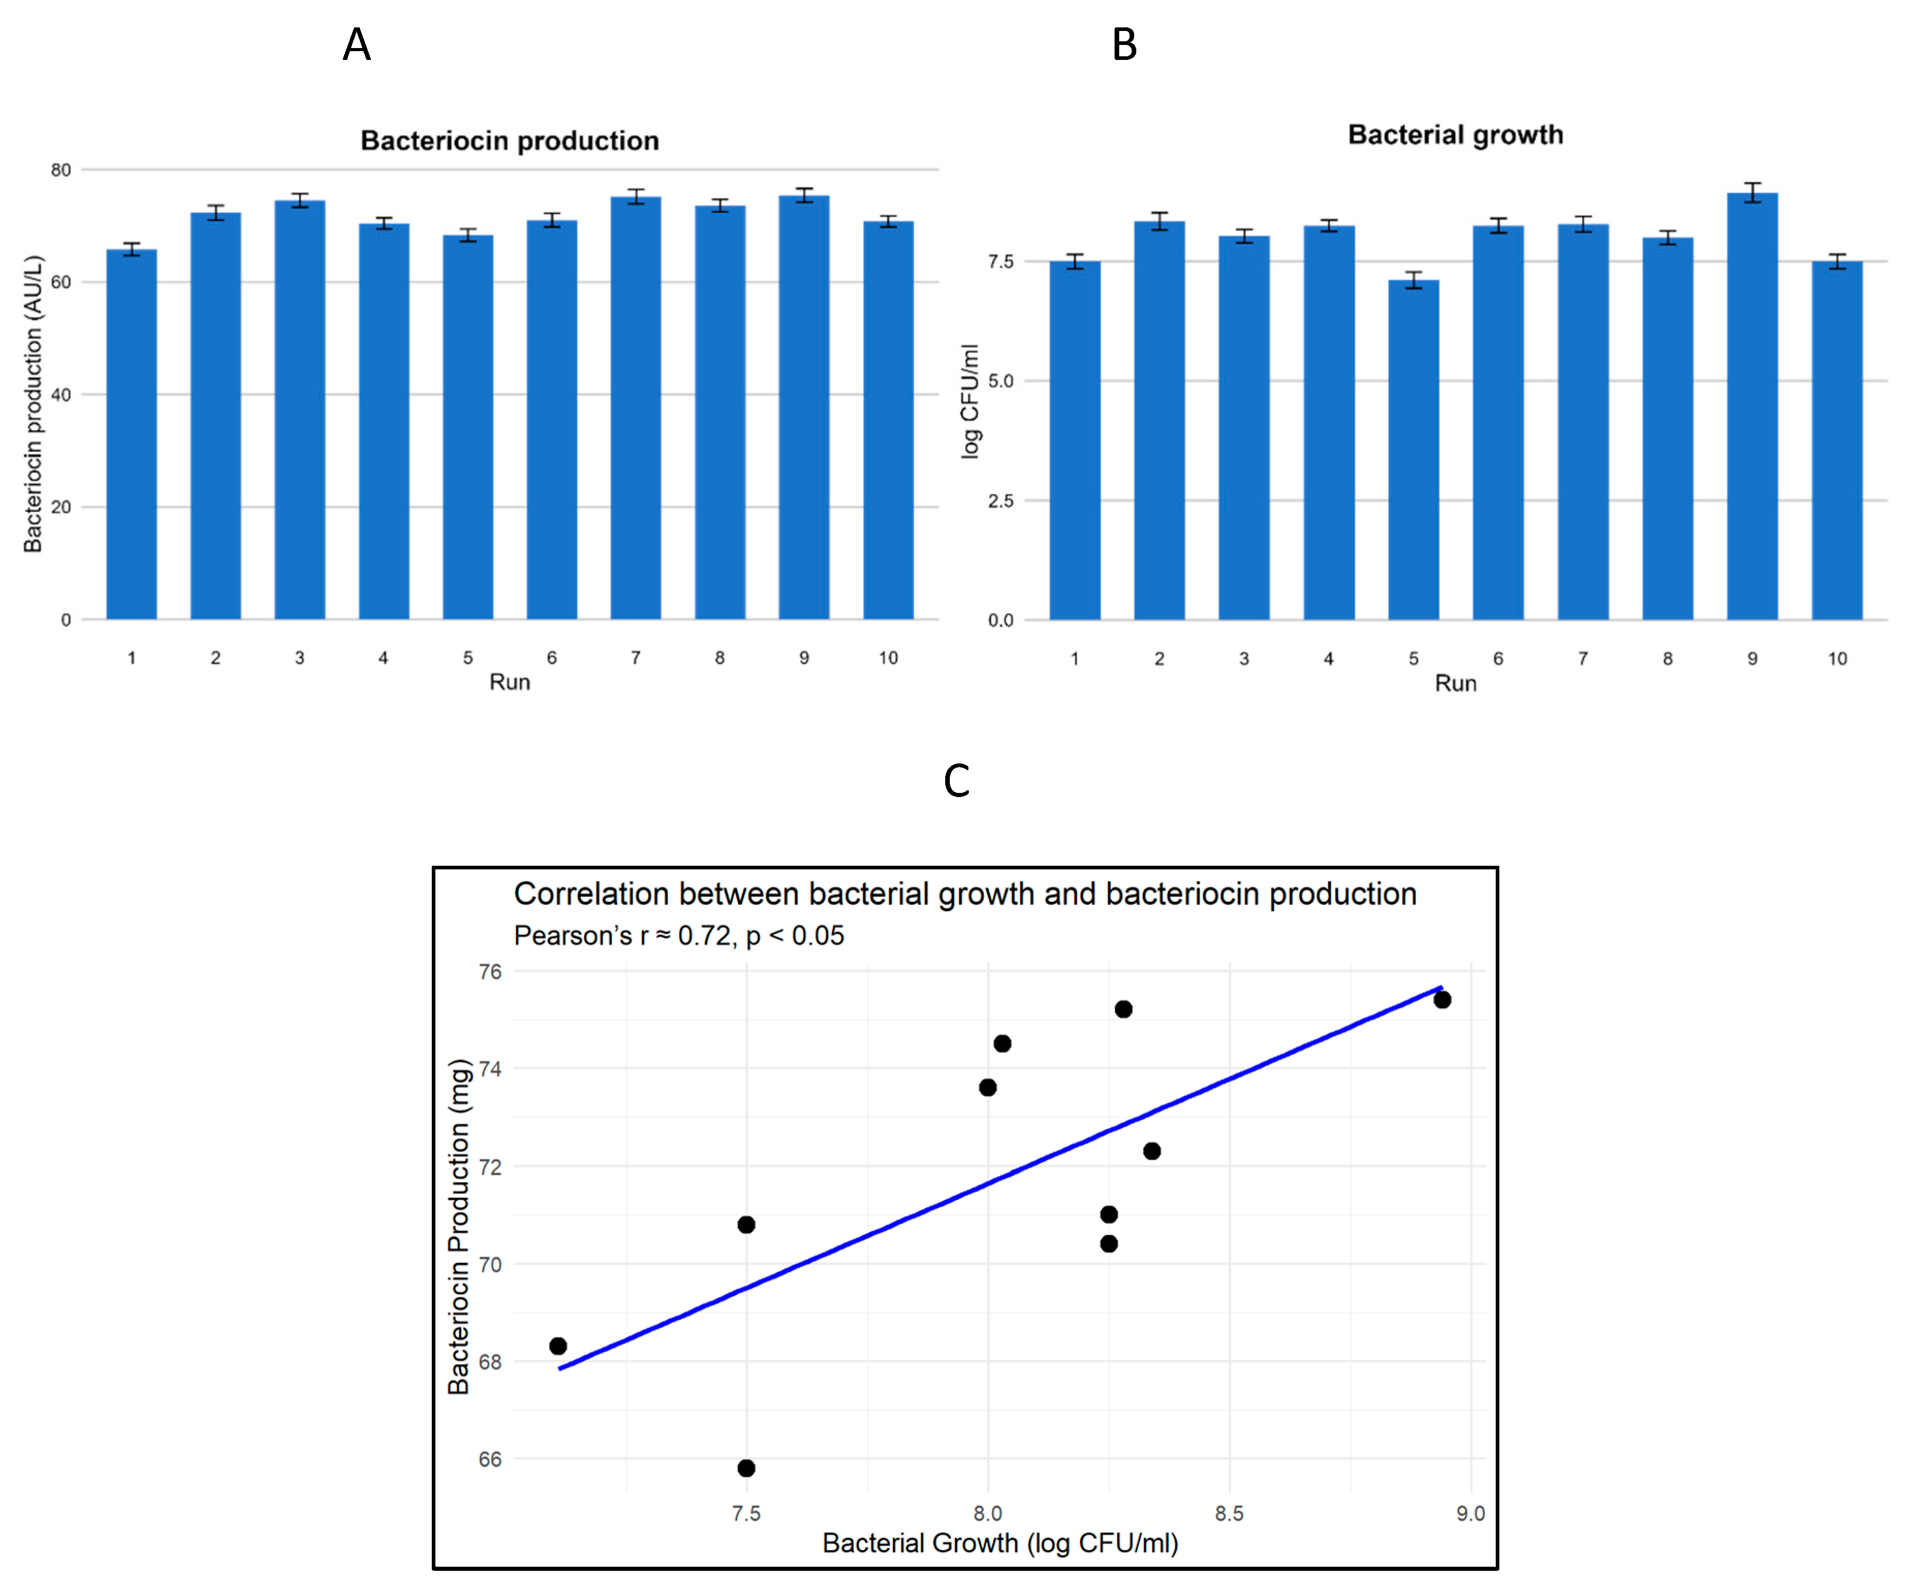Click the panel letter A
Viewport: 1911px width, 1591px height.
[x=357, y=44]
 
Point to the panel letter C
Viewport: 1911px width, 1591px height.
[x=957, y=781]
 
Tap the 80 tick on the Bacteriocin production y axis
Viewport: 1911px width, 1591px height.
[x=61, y=170]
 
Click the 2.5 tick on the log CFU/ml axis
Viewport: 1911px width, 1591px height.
[x=1001, y=501]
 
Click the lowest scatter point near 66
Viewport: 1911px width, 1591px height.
[x=746, y=1468]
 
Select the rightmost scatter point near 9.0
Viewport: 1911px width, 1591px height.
[x=1443, y=1000]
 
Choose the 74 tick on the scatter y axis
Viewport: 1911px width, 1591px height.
[x=491, y=1069]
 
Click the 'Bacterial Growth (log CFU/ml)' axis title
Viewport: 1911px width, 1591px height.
[x=1000, y=1543]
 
